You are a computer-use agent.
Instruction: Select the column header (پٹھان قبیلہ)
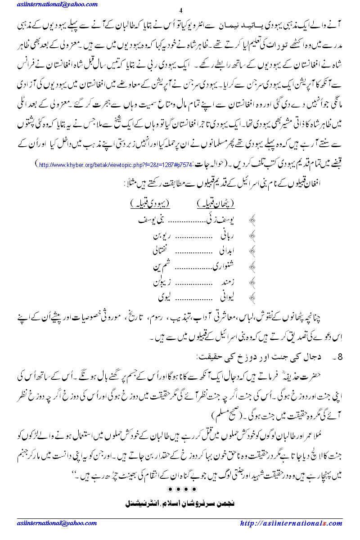[216, 204]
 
